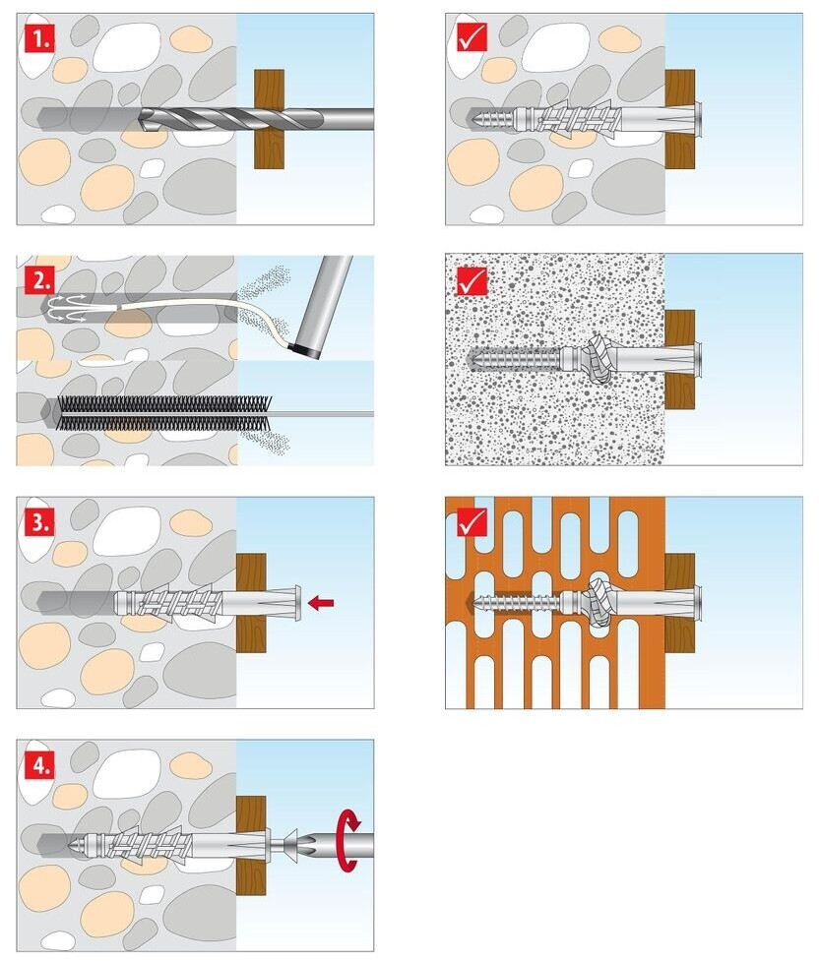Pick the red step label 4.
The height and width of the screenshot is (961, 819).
click(39, 764)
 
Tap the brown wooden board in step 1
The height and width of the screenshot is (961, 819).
click(269, 119)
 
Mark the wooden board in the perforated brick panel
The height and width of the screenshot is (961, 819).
click(679, 602)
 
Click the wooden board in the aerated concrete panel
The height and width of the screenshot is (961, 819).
click(679, 358)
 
